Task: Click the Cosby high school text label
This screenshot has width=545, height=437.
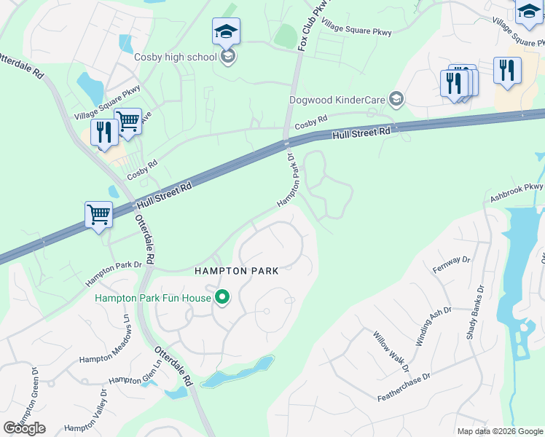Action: pyautogui.click(x=176, y=57)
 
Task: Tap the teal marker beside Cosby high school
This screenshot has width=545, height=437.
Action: pyautogui.click(x=228, y=57)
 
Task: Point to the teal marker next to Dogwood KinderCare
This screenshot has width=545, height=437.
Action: pyautogui.click(x=396, y=98)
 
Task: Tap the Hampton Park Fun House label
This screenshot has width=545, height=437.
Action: pyautogui.click(x=152, y=297)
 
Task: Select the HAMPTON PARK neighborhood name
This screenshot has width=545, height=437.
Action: pyautogui.click(x=236, y=271)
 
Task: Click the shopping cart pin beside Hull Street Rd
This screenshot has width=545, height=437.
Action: pyautogui.click(x=98, y=215)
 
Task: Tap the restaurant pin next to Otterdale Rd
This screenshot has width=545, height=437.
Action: pyautogui.click(x=104, y=133)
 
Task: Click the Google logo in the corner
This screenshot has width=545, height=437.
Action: pyautogui.click(x=24, y=428)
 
